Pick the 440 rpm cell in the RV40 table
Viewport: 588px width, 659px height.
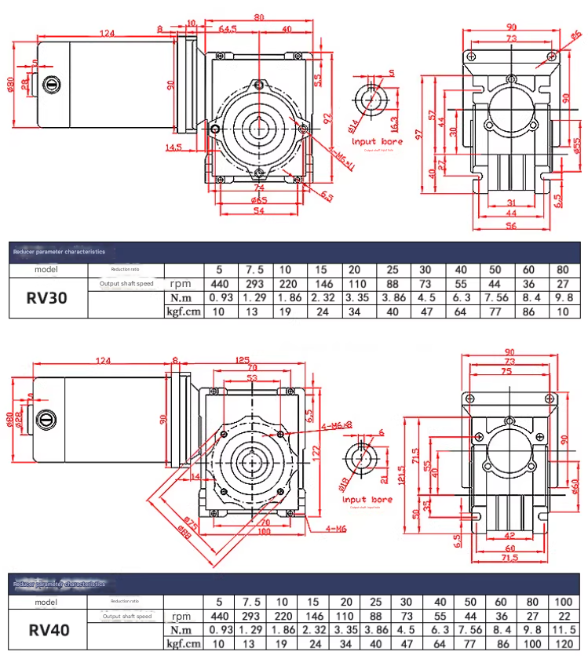(x=218, y=616)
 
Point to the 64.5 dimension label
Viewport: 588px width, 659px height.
(x=228, y=30)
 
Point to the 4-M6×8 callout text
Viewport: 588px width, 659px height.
(x=338, y=425)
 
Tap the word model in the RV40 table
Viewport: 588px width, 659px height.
(x=46, y=602)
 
